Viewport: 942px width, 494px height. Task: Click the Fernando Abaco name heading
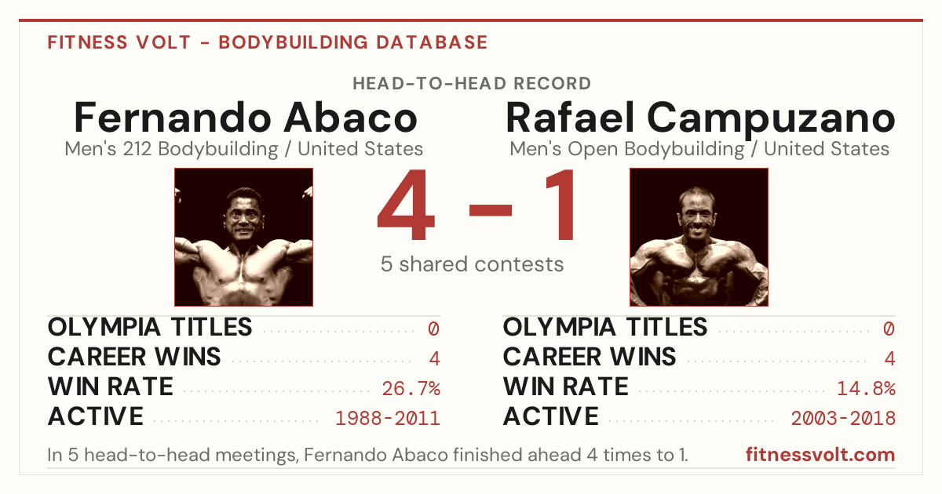point(246,118)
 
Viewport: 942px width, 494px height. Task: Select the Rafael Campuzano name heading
point(700,119)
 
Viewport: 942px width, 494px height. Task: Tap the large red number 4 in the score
point(406,205)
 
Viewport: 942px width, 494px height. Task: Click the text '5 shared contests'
point(472,264)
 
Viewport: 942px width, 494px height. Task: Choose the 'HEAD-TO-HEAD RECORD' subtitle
point(472,84)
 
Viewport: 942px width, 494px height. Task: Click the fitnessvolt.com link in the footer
point(820,455)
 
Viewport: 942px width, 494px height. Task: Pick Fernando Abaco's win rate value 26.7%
point(411,388)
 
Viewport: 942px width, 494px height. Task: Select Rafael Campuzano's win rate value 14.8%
point(867,388)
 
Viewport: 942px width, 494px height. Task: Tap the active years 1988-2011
point(388,419)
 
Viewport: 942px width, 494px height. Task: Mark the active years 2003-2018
point(843,419)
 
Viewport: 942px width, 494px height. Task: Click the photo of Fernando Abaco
point(244,237)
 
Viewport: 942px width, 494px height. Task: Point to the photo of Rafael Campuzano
point(699,237)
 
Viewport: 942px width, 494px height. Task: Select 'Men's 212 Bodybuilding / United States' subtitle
point(244,149)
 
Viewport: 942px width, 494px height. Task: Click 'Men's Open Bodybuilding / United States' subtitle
point(699,149)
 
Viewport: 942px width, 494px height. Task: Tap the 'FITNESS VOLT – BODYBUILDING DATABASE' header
point(268,42)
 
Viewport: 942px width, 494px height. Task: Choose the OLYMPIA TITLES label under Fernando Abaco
point(150,327)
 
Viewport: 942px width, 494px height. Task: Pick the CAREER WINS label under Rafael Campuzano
point(590,357)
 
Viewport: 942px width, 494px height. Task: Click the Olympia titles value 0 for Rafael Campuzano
point(889,329)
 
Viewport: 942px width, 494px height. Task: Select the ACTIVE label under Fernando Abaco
point(96,416)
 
